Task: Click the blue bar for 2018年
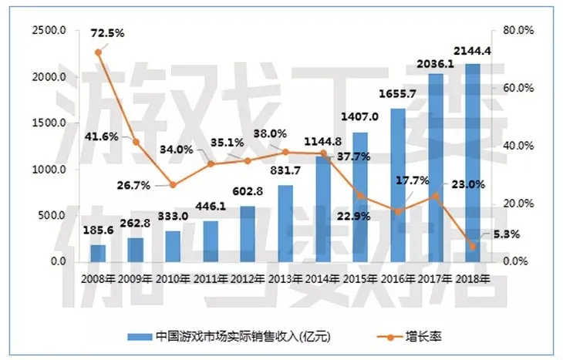point(472,163)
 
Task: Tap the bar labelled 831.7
point(285,223)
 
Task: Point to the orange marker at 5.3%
point(472,246)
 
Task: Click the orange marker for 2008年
point(98,52)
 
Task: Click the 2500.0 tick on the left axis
point(49,31)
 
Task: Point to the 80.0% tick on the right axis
point(518,31)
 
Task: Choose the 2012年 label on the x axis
point(248,278)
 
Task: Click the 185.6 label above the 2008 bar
point(98,230)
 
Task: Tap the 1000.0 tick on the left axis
point(49,170)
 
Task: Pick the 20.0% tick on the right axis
point(518,204)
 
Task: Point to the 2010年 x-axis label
point(173,278)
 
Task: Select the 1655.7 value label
point(398,94)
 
